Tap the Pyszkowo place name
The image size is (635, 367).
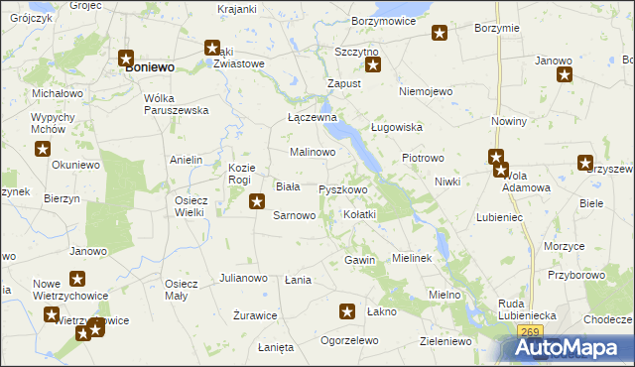[x=343, y=188]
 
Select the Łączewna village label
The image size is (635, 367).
[x=313, y=117]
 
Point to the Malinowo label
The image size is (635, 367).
[x=313, y=152]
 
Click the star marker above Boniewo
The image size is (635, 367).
[x=127, y=59]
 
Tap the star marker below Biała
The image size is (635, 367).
[x=257, y=202]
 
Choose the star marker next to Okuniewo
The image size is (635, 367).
[x=44, y=150]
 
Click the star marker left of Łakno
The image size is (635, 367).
[x=347, y=311]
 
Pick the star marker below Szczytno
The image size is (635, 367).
[x=373, y=65]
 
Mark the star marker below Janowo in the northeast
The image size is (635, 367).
[x=565, y=75]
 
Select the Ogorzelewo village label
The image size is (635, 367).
[x=349, y=340]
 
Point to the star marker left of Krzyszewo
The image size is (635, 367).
[x=585, y=164]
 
